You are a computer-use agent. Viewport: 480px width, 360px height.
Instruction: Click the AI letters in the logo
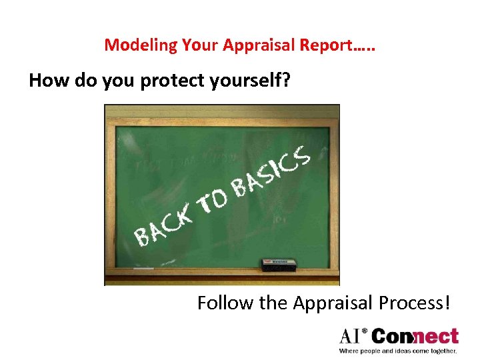pyautogui.click(x=352, y=336)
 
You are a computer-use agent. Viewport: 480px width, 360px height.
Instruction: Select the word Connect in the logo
pyautogui.click(x=415, y=336)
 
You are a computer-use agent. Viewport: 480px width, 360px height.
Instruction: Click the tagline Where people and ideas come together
pyautogui.click(x=398, y=351)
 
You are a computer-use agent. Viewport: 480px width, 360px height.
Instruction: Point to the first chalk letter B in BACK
pyautogui.click(x=141, y=235)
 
